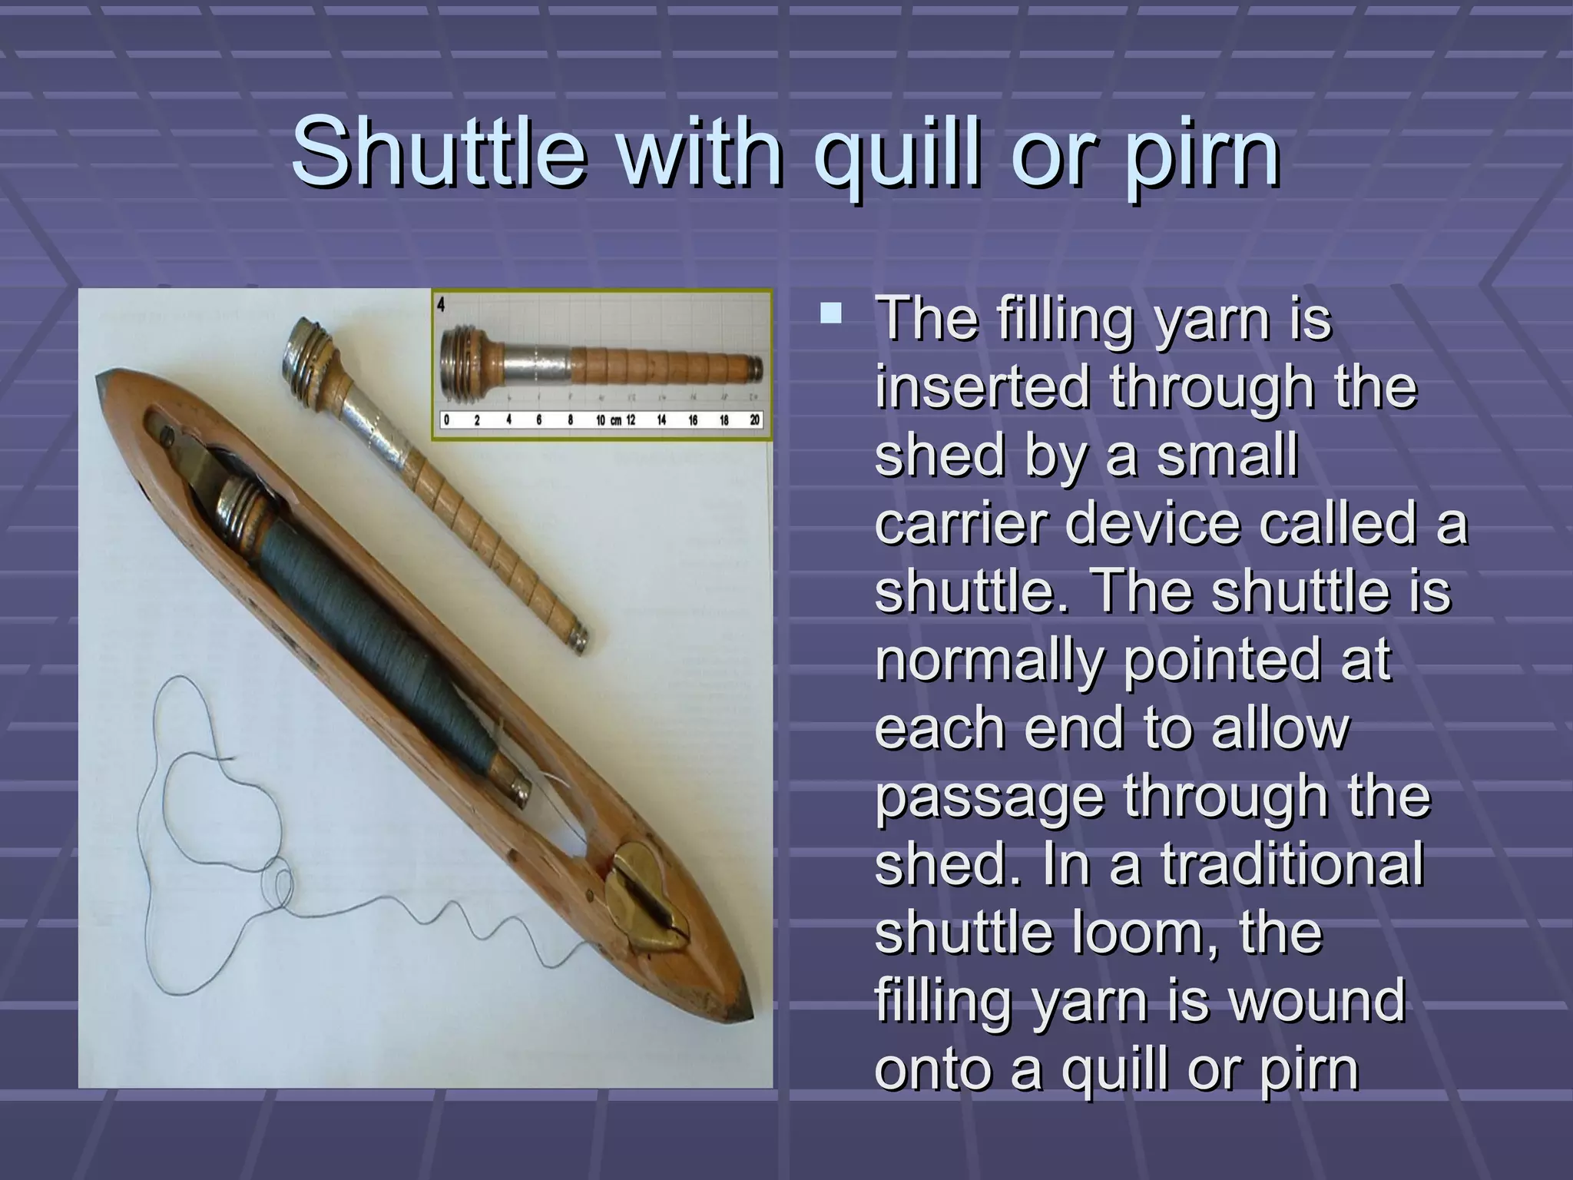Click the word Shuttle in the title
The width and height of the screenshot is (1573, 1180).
(x=438, y=151)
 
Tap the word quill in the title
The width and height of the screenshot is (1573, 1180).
(x=890, y=154)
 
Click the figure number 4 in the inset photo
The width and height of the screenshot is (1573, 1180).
(x=441, y=304)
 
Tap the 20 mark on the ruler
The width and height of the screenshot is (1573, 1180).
(x=754, y=420)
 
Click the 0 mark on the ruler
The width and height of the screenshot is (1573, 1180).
(x=446, y=420)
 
